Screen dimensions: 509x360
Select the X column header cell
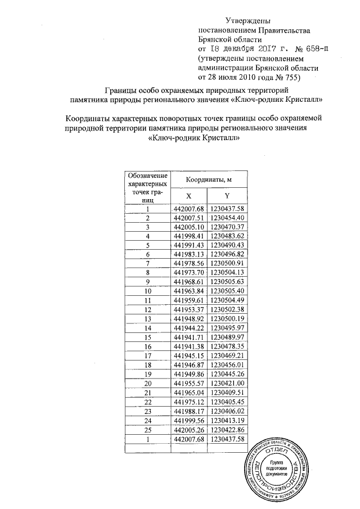[189, 196]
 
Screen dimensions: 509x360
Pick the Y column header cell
[228, 196]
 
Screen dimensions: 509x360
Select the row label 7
[148, 264]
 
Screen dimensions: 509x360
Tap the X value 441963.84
[189, 291]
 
